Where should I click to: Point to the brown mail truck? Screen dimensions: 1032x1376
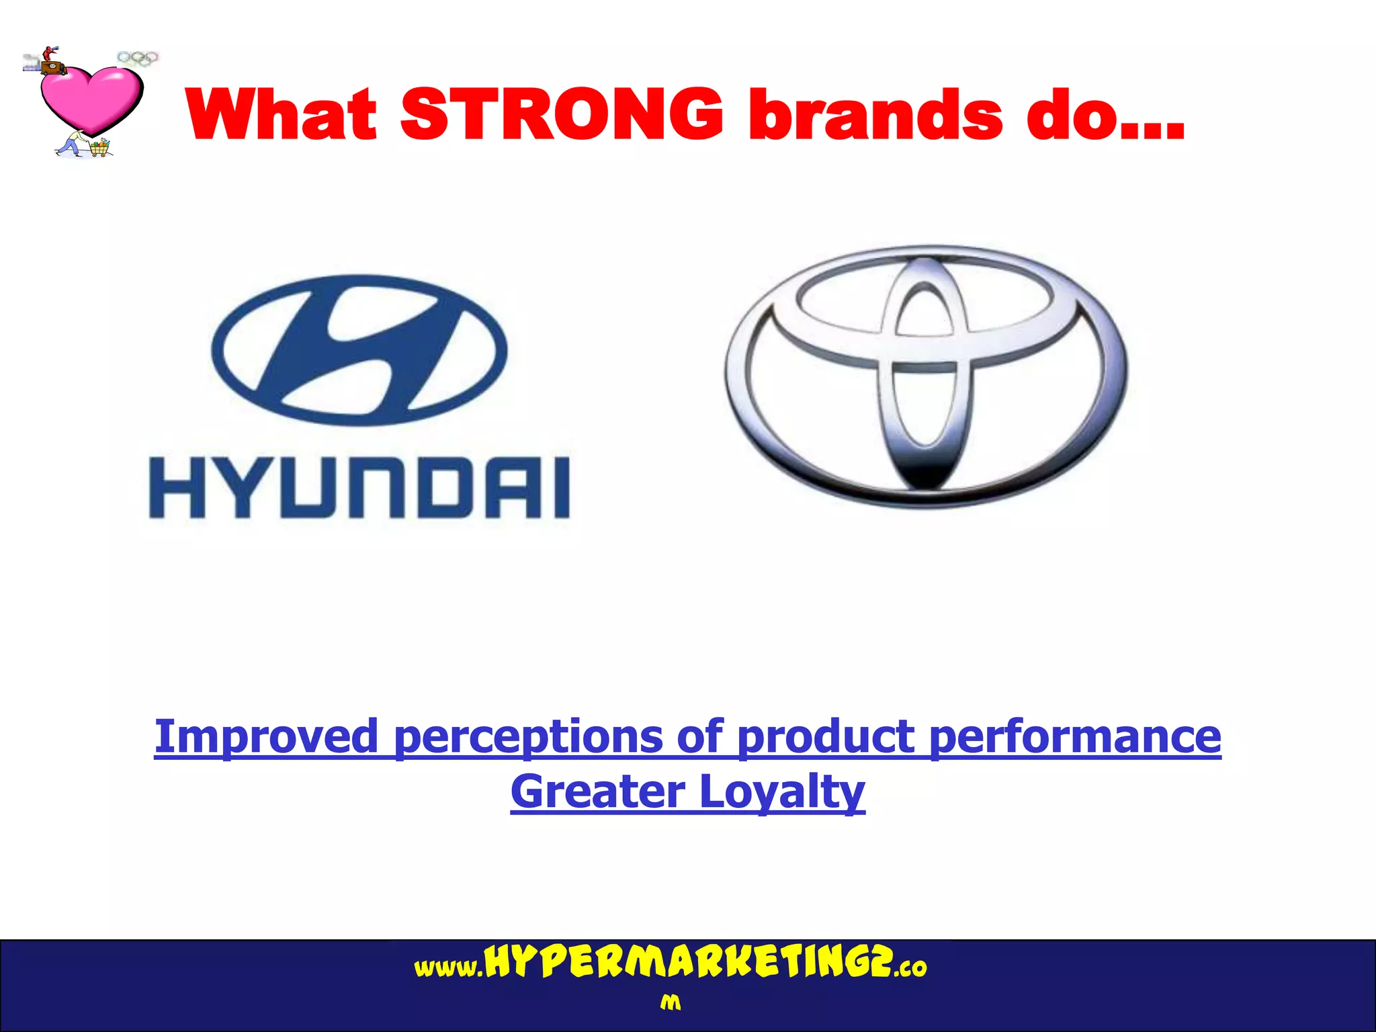(52, 68)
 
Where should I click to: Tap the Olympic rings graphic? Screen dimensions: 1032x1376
(138, 58)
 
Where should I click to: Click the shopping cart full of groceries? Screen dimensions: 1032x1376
(100, 147)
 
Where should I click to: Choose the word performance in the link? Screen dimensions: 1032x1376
(1074, 737)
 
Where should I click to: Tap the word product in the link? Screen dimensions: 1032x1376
(825, 737)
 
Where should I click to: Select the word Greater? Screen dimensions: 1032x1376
(597, 792)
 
